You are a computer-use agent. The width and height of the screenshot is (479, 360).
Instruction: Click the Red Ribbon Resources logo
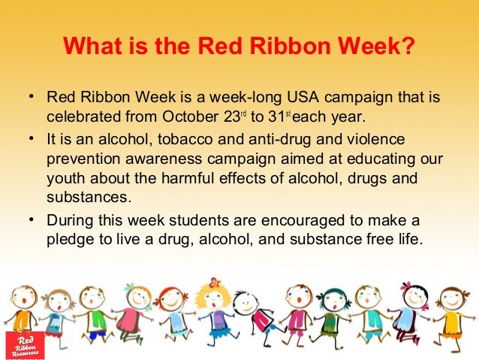[x=25, y=343]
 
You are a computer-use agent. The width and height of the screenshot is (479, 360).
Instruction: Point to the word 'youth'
[x=65, y=180]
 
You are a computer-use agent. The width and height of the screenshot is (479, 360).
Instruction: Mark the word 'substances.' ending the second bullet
[x=89, y=199]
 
